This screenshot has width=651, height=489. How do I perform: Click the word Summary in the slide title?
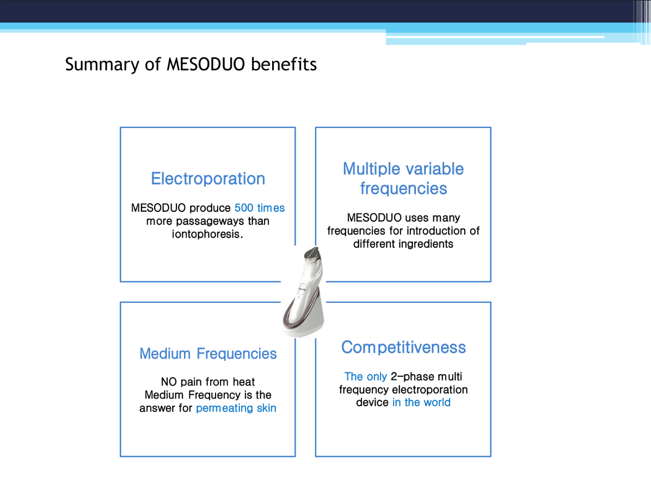pyautogui.click(x=102, y=65)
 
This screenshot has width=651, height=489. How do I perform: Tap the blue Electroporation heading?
pyautogui.click(x=208, y=179)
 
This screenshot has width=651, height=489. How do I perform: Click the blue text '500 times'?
pyautogui.click(x=260, y=207)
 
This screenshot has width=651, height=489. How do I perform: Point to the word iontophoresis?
pyautogui.click(x=207, y=234)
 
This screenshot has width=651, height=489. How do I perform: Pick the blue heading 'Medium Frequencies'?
pyautogui.click(x=208, y=353)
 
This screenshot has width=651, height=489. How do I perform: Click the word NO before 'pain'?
pyautogui.click(x=169, y=382)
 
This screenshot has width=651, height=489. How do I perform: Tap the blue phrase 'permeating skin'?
pyautogui.click(x=236, y=408)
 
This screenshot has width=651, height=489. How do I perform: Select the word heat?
pyautogui.click(x=244, y=382)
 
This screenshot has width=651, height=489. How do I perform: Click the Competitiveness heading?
pyautogui.click(x=403, y=347)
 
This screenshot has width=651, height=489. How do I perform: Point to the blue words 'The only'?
pyautogui.click(x=366, y=376)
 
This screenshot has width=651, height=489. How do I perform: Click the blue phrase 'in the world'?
pyautogui.click(x=421, y=402)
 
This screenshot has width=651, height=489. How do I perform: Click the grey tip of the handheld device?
pyautogui.click(x=312, y=254)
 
